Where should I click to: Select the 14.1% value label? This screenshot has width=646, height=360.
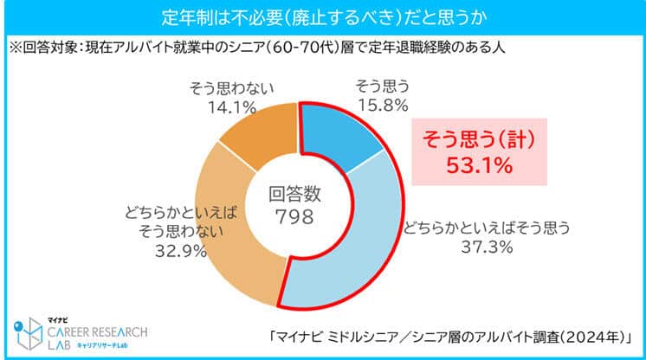pos(231,108)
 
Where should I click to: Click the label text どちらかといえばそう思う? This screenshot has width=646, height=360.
pos(484,229)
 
